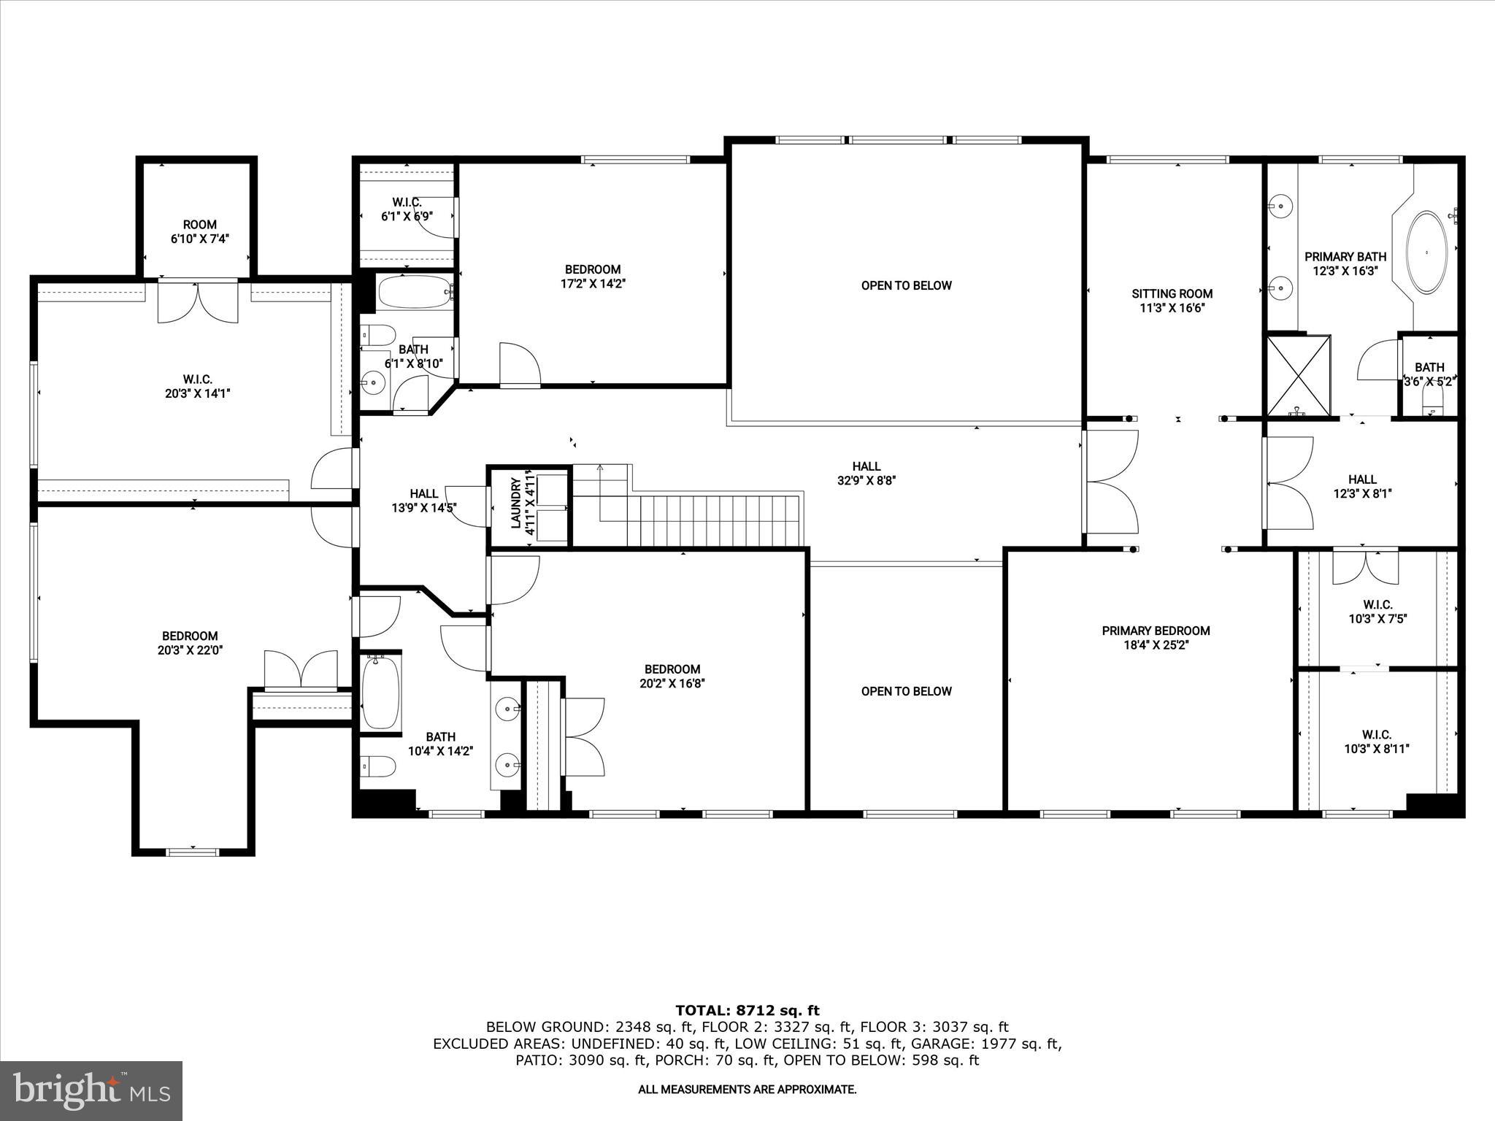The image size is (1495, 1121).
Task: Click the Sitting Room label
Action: [x=1172, y=301]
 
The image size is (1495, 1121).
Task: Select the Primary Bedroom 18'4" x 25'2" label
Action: [x=1156, y=638]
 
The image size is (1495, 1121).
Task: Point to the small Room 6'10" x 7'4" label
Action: [x=199, y=231]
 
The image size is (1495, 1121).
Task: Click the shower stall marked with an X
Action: [x=1298, y=376]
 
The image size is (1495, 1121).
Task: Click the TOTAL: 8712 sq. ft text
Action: [x=747, y=1010]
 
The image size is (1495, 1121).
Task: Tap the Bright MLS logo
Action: [x=91, y=1090]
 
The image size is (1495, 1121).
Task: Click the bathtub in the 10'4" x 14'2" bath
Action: [x=381, y=692]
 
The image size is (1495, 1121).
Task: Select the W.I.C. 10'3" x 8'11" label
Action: [x=1376, y=741]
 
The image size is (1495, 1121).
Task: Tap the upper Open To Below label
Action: [x=906, y=285]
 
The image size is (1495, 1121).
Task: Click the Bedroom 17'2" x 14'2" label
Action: [x=592, y=277]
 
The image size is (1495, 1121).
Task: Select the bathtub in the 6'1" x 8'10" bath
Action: [x=414, y=293]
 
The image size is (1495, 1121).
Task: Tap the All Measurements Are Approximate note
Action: [x=747, y=1090]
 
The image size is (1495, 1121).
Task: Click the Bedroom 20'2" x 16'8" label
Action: [x=672, y=676]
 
